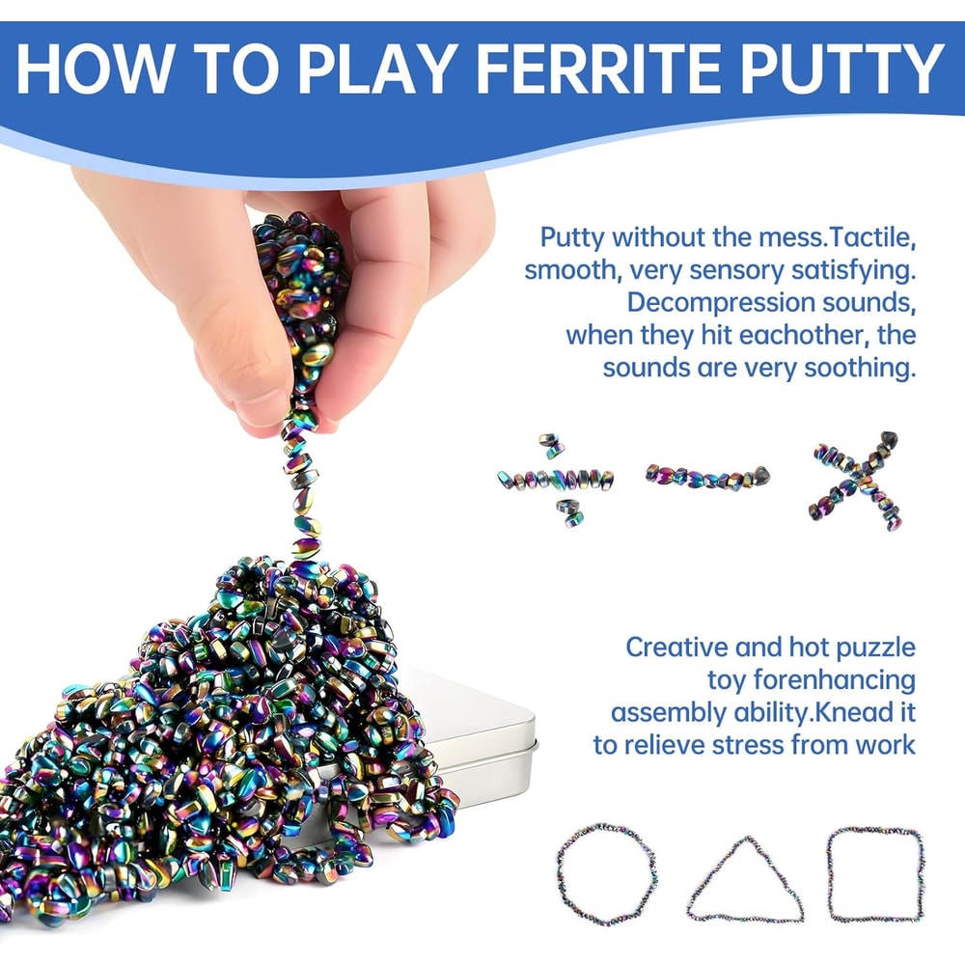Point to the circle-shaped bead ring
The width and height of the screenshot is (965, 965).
(607, 874)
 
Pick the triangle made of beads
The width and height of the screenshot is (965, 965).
(744, 880)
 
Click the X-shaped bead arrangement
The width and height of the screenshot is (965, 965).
(857, 480)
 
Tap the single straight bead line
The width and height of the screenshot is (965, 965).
(707, 476)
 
